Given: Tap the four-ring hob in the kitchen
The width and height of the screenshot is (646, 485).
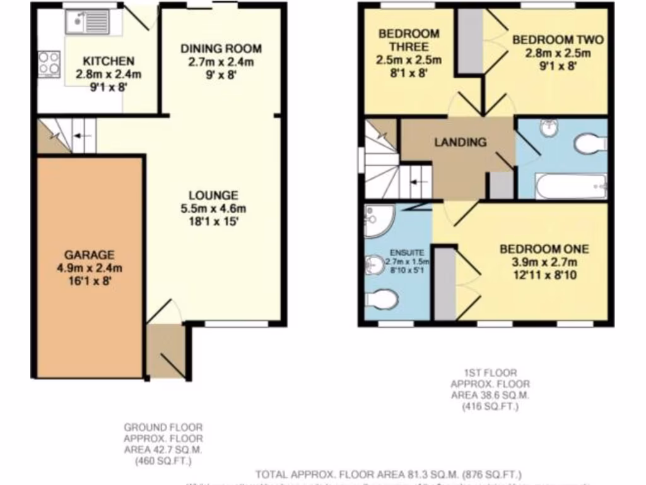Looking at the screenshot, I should tap(49, 64).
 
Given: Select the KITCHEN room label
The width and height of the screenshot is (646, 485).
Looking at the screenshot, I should tap(109, 61).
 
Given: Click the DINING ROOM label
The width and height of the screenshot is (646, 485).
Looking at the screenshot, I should tap(221, 49).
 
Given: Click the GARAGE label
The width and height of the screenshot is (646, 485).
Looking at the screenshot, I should tap(90, 255).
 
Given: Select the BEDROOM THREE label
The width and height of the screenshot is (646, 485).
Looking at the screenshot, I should tap(409, 40).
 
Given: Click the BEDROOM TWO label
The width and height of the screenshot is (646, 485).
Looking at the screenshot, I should tap(558, 40).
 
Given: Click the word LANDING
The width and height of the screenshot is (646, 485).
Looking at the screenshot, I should tap(460, 142).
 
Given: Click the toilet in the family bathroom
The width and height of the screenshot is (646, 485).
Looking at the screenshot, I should tap(590, 143).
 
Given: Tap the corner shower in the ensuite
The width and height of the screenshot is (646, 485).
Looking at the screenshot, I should tap(379, 219).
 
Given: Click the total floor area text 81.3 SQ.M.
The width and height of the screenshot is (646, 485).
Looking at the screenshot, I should tap(388, 474).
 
